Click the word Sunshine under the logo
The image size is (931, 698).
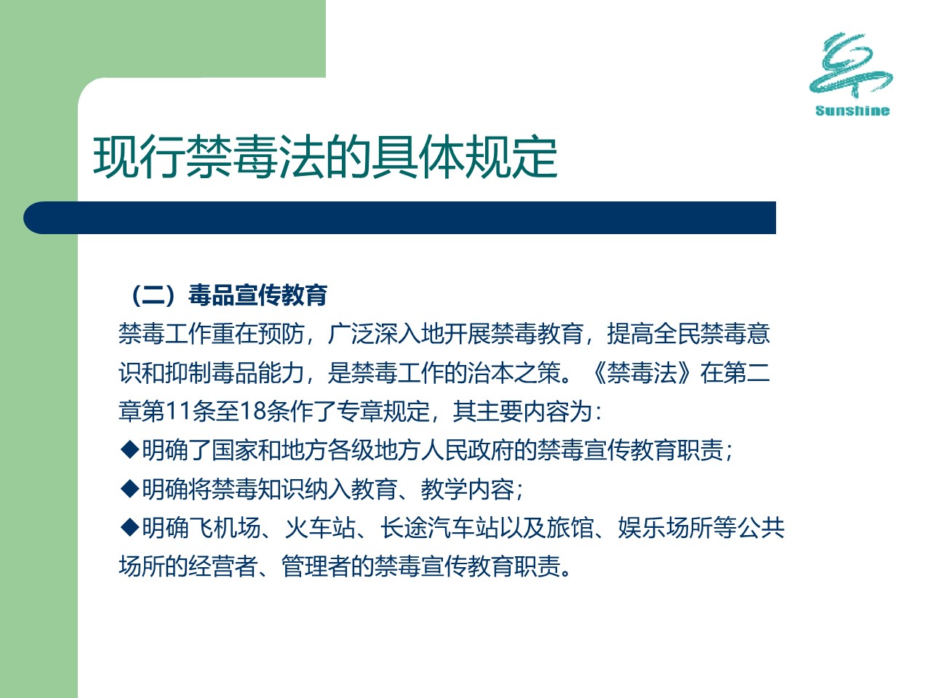click(852, 111)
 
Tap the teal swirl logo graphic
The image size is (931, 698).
click(850, 65)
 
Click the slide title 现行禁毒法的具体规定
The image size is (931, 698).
click(325, 157)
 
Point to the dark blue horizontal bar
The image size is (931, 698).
click(399, 217)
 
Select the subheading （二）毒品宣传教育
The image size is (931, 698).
click(229, 295)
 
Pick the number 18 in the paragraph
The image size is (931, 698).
click(252, 411)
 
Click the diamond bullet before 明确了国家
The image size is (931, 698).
click(129, 449)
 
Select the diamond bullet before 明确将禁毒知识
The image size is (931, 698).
click(129, 489)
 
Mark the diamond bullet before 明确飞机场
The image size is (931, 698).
click(129, 527)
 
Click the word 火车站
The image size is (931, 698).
click(320, 528)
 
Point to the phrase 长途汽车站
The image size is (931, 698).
click(439, 528)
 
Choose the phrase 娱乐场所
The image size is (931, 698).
click(666, 528)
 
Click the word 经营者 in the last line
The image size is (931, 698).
click(223, 566)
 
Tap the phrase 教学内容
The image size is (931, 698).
click(467, 489)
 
